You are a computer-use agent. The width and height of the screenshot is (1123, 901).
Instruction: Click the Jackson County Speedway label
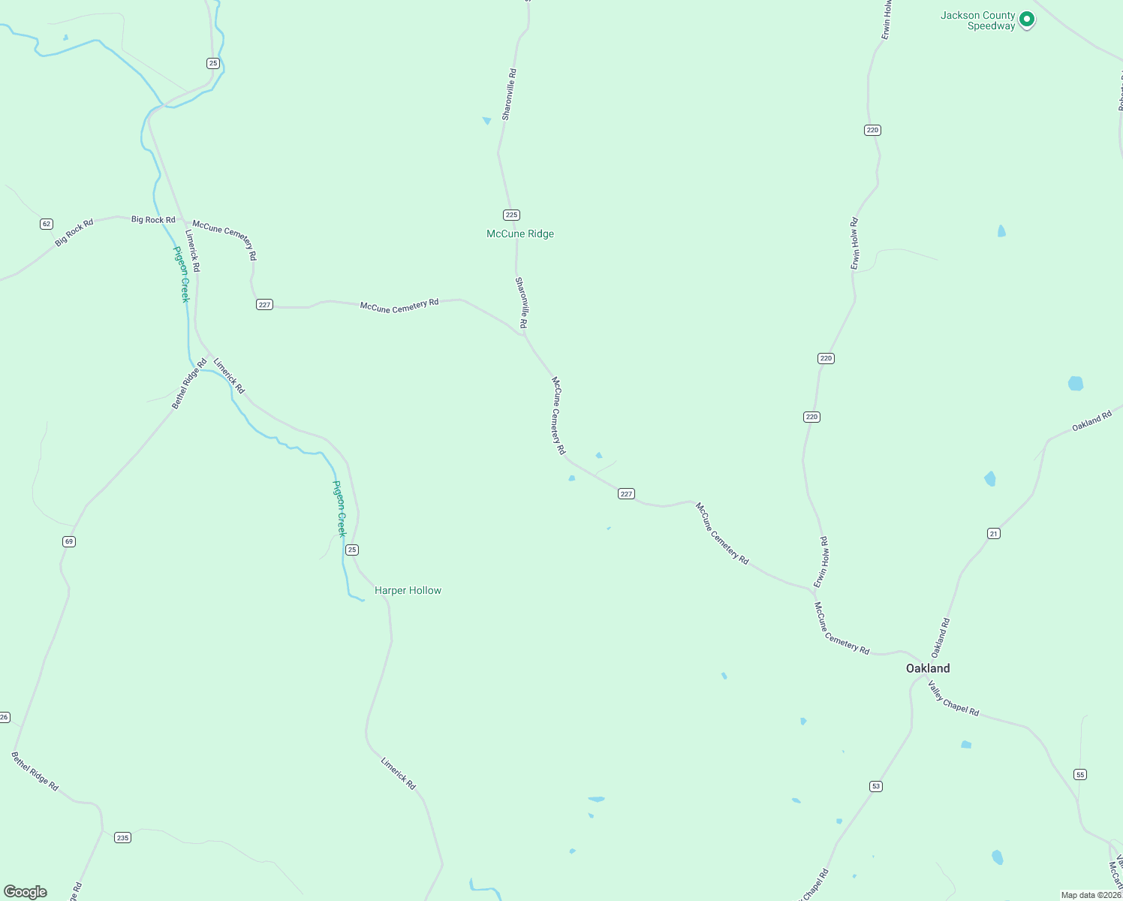pos(977,20)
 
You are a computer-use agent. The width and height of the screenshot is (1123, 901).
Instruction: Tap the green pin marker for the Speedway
pos(1026,20)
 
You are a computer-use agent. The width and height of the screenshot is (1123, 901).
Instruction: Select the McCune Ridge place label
pos(520,234)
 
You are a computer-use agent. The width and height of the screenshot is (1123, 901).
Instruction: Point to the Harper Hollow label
pos(408,590)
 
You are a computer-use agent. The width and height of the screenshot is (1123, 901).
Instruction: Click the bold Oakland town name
pos(928,668)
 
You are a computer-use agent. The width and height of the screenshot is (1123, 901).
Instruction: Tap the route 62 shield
pos(47,224)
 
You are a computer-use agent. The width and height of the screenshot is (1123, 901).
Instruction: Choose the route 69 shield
pos(69,541)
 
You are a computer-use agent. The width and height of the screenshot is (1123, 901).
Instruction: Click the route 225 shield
pos(512,215)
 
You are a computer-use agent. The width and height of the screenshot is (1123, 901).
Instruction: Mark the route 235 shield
pos(122,837)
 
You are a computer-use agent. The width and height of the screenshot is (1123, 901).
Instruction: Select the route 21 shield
pos(994,534)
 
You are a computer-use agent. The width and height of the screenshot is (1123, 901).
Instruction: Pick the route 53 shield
pos(876,786)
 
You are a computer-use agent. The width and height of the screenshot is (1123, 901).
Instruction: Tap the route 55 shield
pos(1080,774)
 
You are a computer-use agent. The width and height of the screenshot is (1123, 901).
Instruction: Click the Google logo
pos(26,892)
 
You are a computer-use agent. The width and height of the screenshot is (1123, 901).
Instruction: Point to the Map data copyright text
pos(1091,895)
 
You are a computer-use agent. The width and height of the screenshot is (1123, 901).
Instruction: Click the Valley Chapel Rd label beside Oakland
pos(953,698)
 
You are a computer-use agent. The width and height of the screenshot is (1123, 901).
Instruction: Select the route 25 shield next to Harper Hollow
pos(352,550)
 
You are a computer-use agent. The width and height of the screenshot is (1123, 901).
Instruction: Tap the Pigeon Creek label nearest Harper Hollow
pos(339,508)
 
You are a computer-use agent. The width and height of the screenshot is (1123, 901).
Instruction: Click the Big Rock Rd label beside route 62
pos(74,232)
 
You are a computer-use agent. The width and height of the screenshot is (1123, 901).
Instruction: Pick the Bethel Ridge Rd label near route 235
pos(35,771)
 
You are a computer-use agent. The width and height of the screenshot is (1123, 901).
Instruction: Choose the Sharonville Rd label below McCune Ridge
pos(521,303)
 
